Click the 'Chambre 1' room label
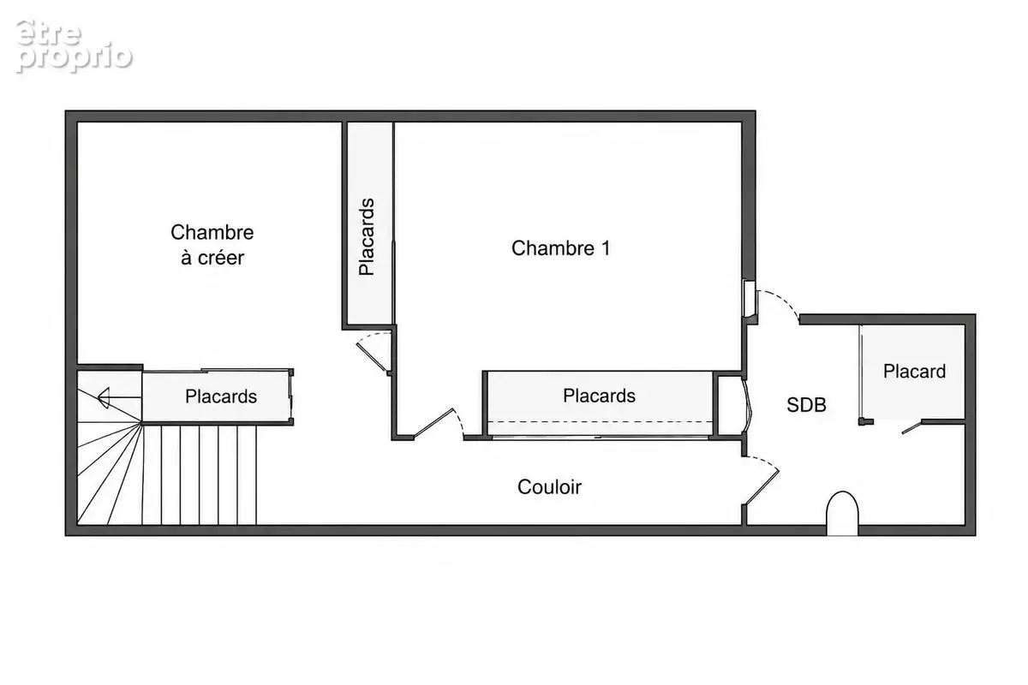tap(561, 248)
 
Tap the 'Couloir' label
tap(549, 487)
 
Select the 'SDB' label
tap(806, 405)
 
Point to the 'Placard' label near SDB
tap(914, 371)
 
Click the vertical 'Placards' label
tap(367, 236)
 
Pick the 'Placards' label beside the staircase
tap(221, 396)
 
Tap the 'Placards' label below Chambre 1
tap(599, 396)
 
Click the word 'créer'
tap(220, 258)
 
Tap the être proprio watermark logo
tap(74, 46)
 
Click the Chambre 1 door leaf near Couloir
tap(433, 422)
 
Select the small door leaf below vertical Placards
tap(373, 357)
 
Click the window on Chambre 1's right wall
tap(749, 299)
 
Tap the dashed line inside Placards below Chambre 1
tap(600, 421)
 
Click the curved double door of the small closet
tap(747, 405)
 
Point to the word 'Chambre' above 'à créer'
tap(212, 233)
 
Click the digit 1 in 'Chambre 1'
tap(606, 248)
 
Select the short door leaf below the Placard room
tap(911, 427)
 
